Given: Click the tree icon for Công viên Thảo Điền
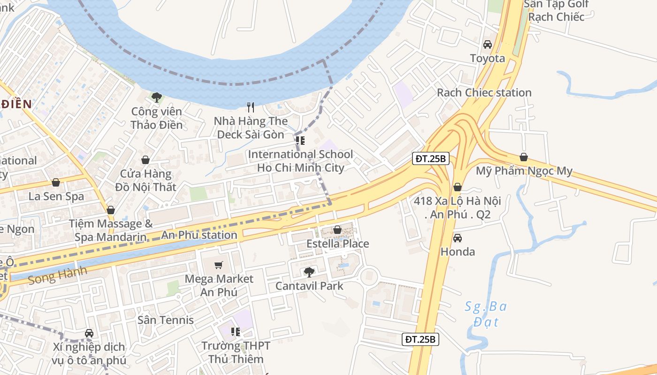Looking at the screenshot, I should [x=157, y=97].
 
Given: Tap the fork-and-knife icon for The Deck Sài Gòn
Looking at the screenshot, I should [x=251, y=107].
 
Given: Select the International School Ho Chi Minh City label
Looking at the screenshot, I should [x=300, y=161].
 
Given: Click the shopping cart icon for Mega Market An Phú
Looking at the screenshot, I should [x=218, y=265].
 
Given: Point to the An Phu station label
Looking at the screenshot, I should [x=199, y=235].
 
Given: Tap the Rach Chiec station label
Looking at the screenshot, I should [x=484, y=92].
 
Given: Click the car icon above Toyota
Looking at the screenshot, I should [x=488, y=45].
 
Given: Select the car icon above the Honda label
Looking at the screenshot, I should [x=458, y=238].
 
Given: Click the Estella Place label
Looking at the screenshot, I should [x=337, y=244].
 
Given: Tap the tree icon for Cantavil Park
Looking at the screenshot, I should [x=309, y=272].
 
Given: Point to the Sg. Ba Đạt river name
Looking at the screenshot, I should [x=486, y=314].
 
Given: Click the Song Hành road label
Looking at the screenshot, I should [x=57, y=276].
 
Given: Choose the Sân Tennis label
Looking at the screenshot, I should [x=166, y=320].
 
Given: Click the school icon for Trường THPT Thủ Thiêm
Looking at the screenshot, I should [x=236, y=332].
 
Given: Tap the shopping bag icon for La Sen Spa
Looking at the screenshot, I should [x=56, y=182].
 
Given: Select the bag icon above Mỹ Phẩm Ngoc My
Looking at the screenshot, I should [x=524, y=157].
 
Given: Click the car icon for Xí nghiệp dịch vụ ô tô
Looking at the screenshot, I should [x=89, y=333].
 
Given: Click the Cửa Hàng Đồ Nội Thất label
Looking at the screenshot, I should [x=145, y=180].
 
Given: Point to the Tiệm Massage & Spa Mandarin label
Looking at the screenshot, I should [x=111, y=230].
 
